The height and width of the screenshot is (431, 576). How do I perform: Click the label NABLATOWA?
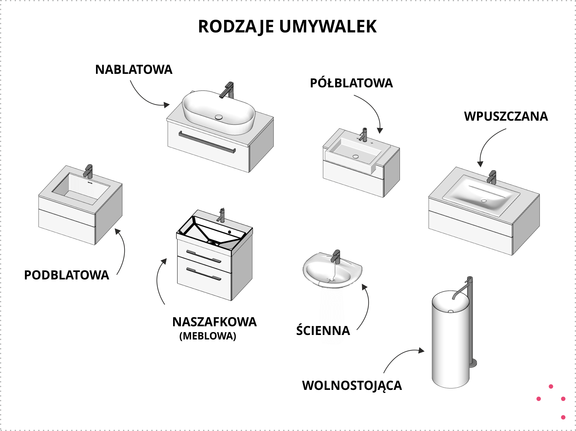coord(134,70)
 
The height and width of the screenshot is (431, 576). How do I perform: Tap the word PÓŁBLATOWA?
coord(351,83)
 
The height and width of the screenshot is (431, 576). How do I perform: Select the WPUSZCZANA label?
coord(506,116)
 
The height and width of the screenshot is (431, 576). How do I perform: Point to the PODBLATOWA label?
coord(67,275)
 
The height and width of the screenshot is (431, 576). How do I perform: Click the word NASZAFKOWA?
coord(214,322)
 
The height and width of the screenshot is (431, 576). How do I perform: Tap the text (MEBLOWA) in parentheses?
coord(208,336)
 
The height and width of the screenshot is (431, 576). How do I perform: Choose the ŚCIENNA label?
coord(323,330)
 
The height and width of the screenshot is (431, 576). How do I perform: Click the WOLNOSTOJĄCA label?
coord(352,386)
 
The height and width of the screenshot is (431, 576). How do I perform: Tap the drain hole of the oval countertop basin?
coord(219,117)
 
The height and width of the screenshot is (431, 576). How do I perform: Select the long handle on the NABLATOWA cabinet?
coord(207,142)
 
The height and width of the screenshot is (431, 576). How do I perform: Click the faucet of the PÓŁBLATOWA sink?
coord(364,134)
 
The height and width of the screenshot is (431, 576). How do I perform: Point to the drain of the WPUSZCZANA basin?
coord(484,200)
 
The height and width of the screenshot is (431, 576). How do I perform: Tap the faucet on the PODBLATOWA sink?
coord(88,171)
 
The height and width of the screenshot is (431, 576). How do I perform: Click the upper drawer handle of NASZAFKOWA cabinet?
coord(204,256)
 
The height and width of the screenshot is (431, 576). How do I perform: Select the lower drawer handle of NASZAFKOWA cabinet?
coord(204,274)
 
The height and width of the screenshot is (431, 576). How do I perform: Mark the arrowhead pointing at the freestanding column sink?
coord(421,350)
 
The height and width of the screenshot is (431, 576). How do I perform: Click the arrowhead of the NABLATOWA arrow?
coord(166,105)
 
